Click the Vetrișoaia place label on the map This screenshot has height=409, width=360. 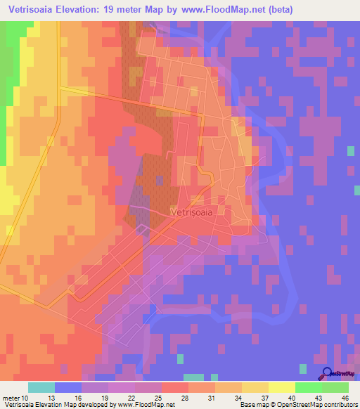(192, 209)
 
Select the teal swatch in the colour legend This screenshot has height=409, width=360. (41, 387)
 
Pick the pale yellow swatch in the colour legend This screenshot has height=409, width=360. (282, 387)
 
